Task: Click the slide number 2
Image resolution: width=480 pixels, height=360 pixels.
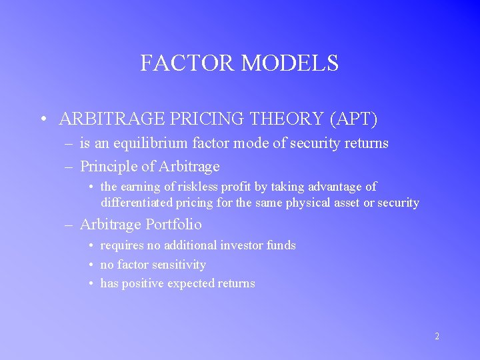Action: pos(437,337)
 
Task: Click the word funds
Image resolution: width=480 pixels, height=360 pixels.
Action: pos(281,245)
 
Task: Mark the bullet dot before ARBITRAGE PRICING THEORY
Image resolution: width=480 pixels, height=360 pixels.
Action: pos(42,120)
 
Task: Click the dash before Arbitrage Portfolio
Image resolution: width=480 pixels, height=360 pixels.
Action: pos(69,225)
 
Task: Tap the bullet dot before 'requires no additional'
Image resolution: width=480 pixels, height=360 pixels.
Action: pos(92,246)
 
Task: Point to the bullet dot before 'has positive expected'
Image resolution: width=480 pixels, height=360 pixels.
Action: pos(92,284)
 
